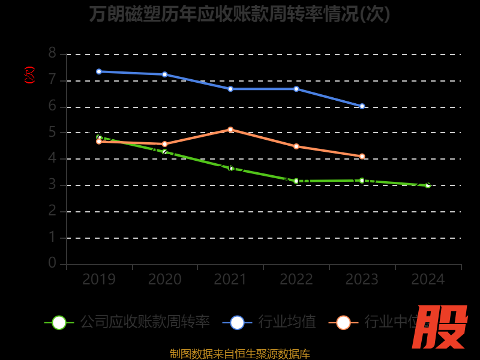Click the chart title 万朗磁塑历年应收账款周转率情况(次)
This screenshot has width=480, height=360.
pos(239,14)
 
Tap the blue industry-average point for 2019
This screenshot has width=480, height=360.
pos(99,71)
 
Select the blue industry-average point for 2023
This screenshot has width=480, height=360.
pos(362,106)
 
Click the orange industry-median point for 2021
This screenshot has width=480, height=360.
pos(230,130)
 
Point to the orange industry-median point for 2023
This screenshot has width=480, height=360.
pos(362,156)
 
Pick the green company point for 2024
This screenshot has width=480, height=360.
pos(428,185)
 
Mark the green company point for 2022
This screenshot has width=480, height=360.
pos(296,181)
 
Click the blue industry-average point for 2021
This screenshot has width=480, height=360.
pos(230,89)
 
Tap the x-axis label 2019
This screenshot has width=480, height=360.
pos(99,280)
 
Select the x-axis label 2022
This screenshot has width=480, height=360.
pos(296,280)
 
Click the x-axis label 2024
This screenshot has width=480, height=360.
pos(428,280)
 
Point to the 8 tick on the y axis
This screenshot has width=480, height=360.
pos(52,53)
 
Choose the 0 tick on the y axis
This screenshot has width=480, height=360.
pos(52,263)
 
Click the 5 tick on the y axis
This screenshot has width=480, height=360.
pos(52,133)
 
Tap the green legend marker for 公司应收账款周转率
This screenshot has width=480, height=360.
pos(59,322)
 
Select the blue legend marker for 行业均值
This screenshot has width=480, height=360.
pos(237,322)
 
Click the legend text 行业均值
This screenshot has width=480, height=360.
pos(287,322)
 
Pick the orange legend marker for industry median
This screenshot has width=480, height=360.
pos(343,322)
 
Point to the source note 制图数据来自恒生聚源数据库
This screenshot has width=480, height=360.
pos(239,353)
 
